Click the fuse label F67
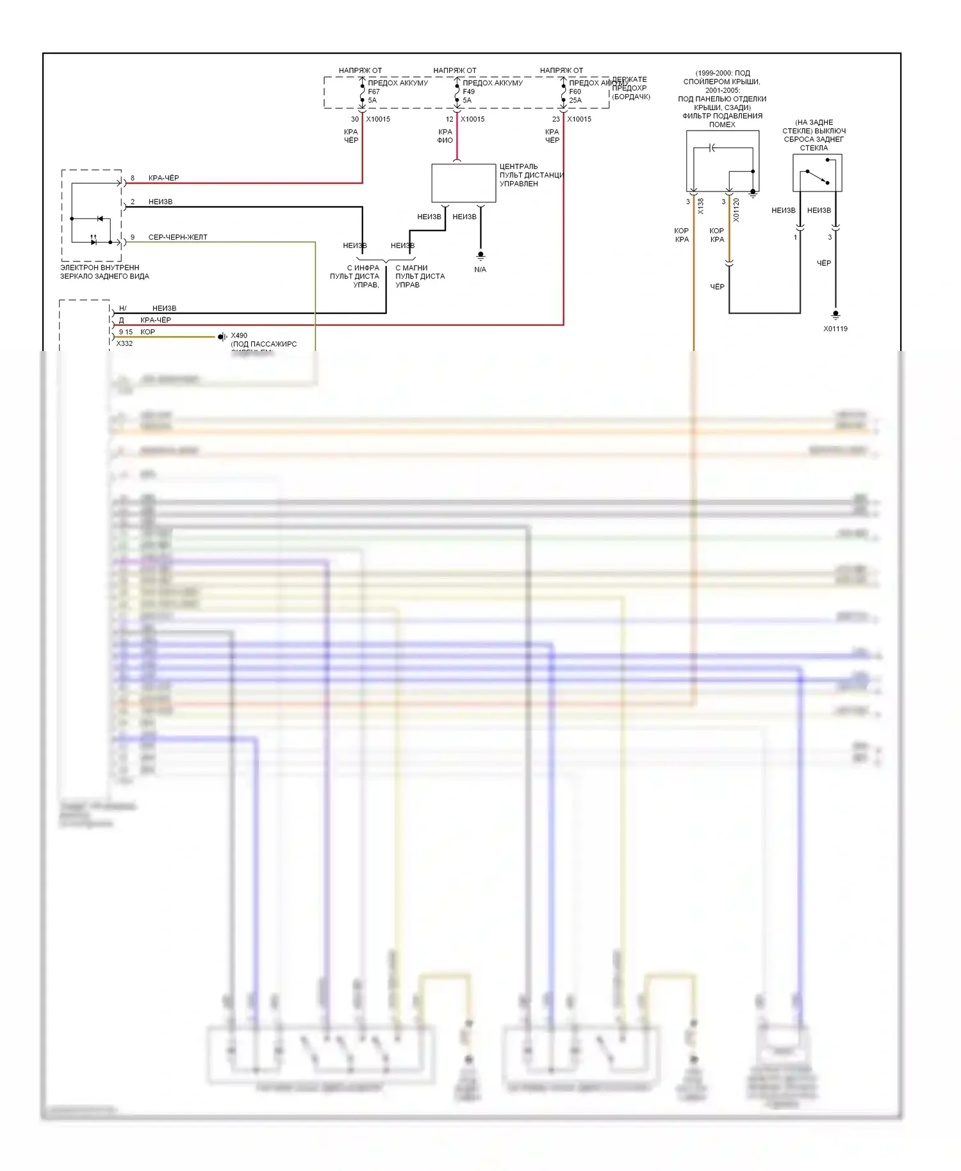click(374, 92)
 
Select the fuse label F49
click(468, 92)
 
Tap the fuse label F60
click(575, 92)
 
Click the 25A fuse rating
click(575, 101)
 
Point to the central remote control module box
click(463, 183)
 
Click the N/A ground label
click(480, 270)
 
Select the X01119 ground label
click(835, 329)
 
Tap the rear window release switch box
click(817, 173)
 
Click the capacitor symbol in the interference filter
click(713, 149)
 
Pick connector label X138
click(700, 206)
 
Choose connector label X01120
click(736, 210)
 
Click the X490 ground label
click(239, 336)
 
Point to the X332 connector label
click(124, 343)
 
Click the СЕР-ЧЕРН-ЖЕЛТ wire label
click(177, 238)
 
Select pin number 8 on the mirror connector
click(133, 178)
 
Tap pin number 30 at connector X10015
click(354, 119)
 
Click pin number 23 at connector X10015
click(555, 119)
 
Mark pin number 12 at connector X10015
click(449, 119)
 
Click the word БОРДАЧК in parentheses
click(631, 97)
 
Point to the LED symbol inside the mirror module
click(94, 242)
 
